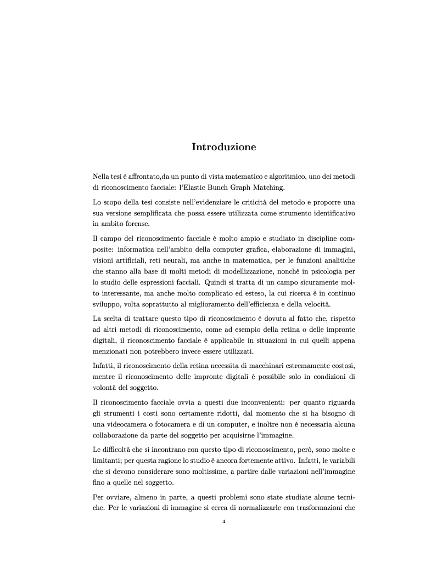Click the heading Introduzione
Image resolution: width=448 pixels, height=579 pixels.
tap(223, 147)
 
